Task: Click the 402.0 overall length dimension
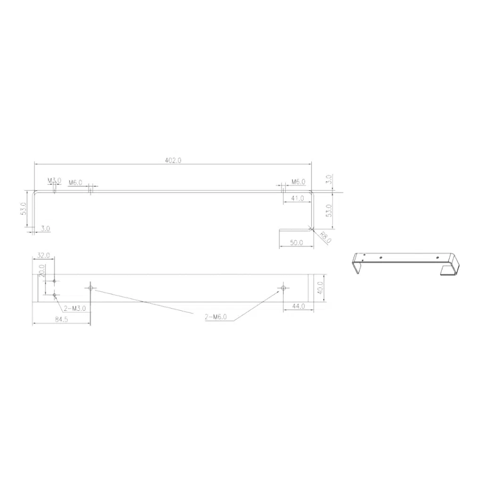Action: point(173,160)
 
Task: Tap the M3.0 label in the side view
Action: point(54,181)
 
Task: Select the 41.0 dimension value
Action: point(297,199)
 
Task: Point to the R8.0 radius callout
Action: point(325,238)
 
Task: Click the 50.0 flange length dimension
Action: point(296,243)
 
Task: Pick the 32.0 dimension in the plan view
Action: point(43,255)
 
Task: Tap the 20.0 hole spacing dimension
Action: point(42,271)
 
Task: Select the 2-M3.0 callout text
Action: point(75,308)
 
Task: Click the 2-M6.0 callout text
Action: point(216,316)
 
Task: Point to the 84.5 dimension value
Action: point(61,319)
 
